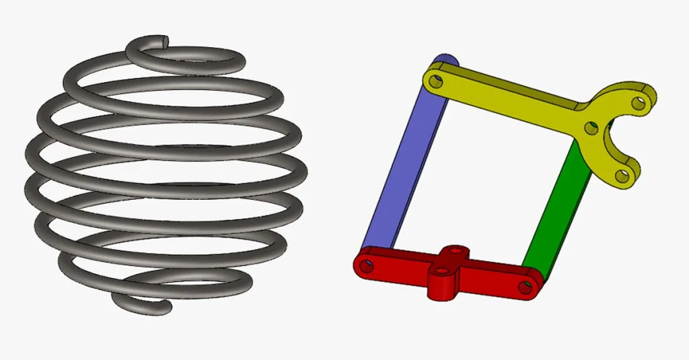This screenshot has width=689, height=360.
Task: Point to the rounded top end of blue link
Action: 445,61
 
